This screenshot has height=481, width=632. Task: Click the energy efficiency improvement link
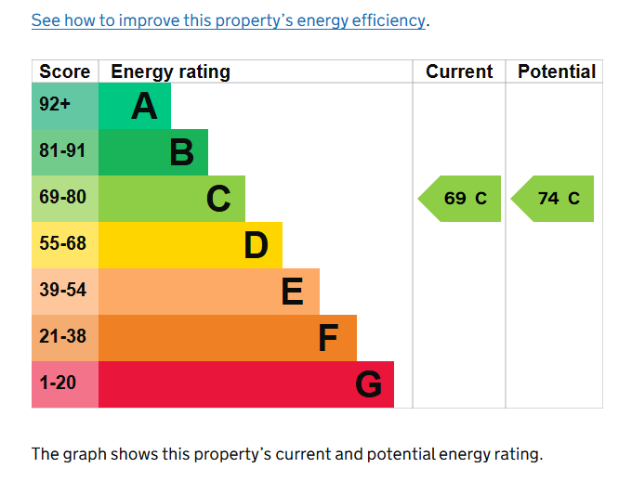[229, 20]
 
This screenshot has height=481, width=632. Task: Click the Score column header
[64, 71]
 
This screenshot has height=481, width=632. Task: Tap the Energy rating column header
[170, 72]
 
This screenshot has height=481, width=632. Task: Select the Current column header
[459, 71]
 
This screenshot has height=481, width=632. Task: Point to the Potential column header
[557, 71]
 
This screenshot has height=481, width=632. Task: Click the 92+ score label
[55, 104]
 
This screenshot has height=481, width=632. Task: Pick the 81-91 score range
[62, 150]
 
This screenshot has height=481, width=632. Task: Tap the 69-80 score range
[62, 197]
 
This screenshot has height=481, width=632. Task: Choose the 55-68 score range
[62, 243]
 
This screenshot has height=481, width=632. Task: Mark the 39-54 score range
[62, 290]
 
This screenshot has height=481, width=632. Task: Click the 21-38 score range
[62, 336]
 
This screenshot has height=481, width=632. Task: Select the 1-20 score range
[58, 383]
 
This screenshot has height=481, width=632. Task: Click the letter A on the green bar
[144, 106]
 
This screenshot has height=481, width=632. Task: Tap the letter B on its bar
[182, 152]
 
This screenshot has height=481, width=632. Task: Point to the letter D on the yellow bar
[256, 245]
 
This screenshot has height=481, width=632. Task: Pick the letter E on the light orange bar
[292, 292]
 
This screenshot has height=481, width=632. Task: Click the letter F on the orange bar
[328, 338]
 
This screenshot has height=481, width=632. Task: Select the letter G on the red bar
[368, 384]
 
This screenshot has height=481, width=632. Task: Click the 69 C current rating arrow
[459, 199]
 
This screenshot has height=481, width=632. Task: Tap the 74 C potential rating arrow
[552, 199]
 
